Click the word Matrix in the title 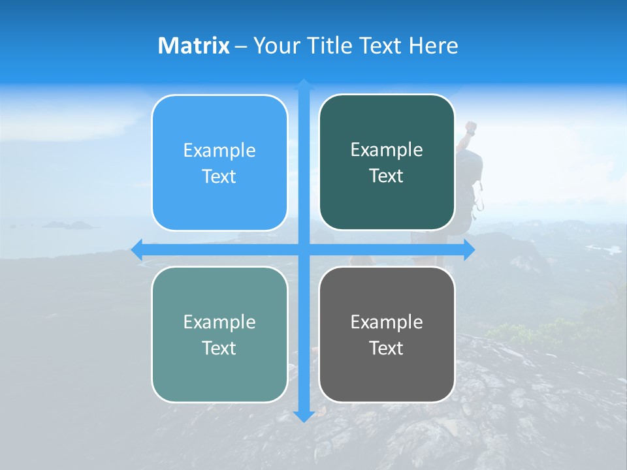193,46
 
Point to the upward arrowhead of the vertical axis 304,84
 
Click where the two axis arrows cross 304,250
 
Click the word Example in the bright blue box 219,151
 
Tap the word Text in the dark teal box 387,176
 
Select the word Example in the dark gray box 387,322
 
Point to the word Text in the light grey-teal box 219,349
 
